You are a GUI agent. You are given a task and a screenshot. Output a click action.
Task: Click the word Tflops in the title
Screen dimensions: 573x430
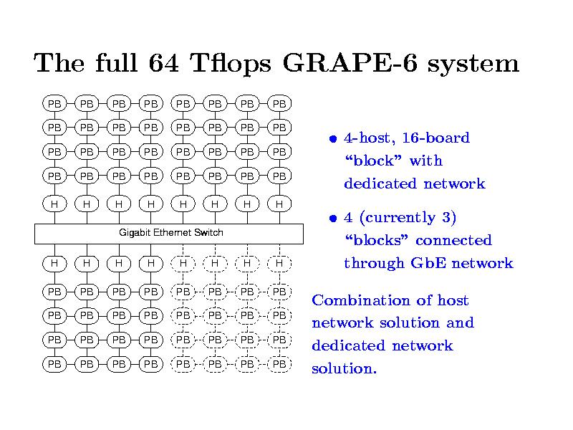[231, 63]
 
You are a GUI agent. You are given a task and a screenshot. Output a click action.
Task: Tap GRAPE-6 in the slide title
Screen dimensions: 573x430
[350, 62]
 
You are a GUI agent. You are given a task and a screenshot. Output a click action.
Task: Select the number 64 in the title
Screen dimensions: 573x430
[163, 62]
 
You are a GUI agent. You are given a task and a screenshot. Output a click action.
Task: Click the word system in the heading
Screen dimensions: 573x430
[473, 64]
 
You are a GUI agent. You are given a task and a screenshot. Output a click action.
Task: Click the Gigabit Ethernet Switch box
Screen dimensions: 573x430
[169, 234]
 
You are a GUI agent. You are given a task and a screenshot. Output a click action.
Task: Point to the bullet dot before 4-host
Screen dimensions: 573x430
[332, 139]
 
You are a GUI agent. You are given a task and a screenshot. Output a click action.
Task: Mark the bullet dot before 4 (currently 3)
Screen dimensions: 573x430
[332, 219]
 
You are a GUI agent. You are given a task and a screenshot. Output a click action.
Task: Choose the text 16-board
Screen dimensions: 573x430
[435, 138]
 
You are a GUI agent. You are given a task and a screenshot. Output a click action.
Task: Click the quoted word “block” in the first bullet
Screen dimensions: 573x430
[372, 161]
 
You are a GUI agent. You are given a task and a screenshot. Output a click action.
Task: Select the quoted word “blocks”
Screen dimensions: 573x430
[376, 240]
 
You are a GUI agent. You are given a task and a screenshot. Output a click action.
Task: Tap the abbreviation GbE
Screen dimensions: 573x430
[428, 263]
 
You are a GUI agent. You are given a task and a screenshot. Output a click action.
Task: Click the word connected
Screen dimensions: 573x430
[453, 241]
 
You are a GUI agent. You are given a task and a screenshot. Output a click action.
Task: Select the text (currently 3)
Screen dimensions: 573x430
[408, 218]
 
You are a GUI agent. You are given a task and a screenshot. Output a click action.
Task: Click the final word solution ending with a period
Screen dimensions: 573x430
[344, 368]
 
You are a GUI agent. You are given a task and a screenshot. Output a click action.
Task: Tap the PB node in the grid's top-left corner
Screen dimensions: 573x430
[54, 104]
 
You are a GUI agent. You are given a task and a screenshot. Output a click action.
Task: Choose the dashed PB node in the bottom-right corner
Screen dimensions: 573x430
[279, 364]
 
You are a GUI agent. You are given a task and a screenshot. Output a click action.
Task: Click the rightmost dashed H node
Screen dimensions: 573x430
[279, 263]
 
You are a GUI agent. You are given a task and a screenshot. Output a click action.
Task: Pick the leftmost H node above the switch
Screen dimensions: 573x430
[54, 204]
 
